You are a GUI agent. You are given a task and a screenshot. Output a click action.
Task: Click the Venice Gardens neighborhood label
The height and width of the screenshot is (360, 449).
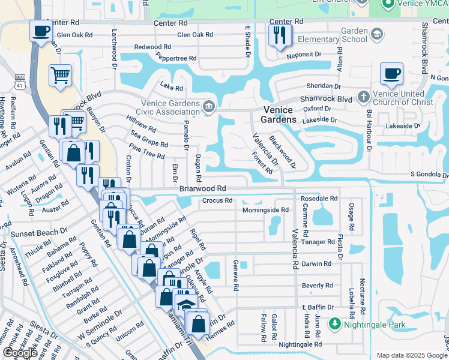279,115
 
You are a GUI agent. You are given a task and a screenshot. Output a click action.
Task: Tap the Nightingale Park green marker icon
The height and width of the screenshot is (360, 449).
334,325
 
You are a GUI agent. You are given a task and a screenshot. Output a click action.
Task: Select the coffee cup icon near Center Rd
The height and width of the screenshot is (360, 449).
41,31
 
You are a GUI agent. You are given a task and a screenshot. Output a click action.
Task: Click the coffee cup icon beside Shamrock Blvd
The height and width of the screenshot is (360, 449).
391,74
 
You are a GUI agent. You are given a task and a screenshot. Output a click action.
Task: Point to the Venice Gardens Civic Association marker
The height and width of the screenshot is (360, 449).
208,107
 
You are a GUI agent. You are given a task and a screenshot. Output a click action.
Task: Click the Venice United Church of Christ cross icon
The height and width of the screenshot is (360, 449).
363,97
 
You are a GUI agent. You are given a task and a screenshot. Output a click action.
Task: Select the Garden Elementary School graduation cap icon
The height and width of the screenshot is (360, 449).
377,34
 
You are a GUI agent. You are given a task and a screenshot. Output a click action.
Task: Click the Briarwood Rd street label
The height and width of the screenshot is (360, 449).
202,188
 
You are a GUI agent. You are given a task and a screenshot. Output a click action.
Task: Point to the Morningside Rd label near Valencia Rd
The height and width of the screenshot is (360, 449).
265,210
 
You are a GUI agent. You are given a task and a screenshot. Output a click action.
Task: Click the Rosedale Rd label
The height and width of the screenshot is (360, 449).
319,198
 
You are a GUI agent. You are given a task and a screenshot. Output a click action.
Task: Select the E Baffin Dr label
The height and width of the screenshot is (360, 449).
317,307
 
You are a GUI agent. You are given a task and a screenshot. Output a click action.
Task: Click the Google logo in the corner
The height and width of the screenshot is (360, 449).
19,353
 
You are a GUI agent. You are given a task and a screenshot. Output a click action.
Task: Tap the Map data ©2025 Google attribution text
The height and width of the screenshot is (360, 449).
411,355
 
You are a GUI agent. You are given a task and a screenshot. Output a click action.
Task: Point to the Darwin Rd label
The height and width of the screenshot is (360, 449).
316,263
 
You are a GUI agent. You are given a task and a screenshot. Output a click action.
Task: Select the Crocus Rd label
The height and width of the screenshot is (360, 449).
217,200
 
